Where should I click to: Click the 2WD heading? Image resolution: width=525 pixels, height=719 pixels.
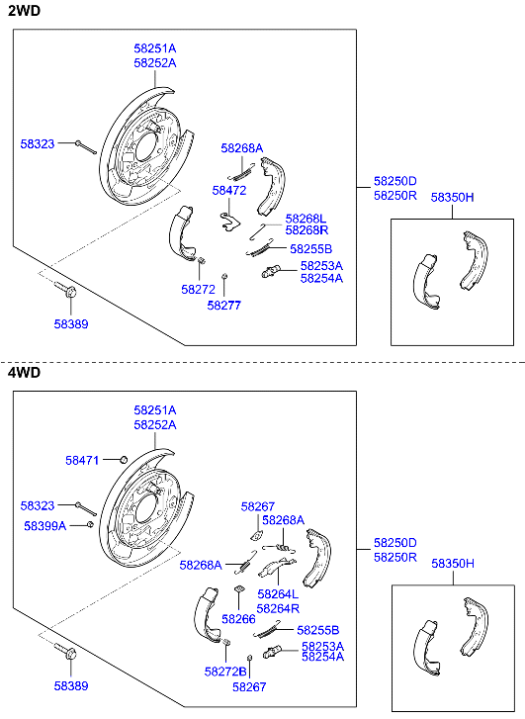(x=25, y=11)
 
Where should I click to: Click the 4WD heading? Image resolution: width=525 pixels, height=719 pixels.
(x=25, y=373)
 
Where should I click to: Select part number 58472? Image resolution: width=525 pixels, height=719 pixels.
(x=228, y=189)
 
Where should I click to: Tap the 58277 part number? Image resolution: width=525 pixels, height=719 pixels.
(x=223, y=306)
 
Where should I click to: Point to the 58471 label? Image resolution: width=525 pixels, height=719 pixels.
(x=83, y=460)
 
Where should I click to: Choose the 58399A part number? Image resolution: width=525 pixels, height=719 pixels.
(x=44, y=525)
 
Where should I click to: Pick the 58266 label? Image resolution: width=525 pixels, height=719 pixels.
(x=238, y=618)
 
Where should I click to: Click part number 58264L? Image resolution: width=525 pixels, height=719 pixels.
(x=278, y=594)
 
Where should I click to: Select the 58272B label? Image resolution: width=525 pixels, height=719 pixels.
(x=225, y=671)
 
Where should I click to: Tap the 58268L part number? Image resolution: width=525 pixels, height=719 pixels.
(x=306, y=218)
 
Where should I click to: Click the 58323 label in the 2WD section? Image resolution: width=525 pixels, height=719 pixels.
(x=38, y=143)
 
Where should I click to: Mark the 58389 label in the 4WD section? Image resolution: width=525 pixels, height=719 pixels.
(x=70, y=685)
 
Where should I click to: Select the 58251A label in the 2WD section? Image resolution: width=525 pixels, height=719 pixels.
(x=154, y=47)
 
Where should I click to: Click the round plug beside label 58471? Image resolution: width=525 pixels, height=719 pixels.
(x=123, y=459)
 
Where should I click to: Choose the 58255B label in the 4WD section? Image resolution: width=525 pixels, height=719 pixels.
(x=318, y=629)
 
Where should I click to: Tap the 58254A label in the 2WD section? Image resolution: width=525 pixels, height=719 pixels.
(x=322, y=278)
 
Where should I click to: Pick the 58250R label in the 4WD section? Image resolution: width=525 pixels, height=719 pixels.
(x=394, y=558)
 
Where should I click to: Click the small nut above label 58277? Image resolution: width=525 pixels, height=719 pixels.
(x=224, y=276)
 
